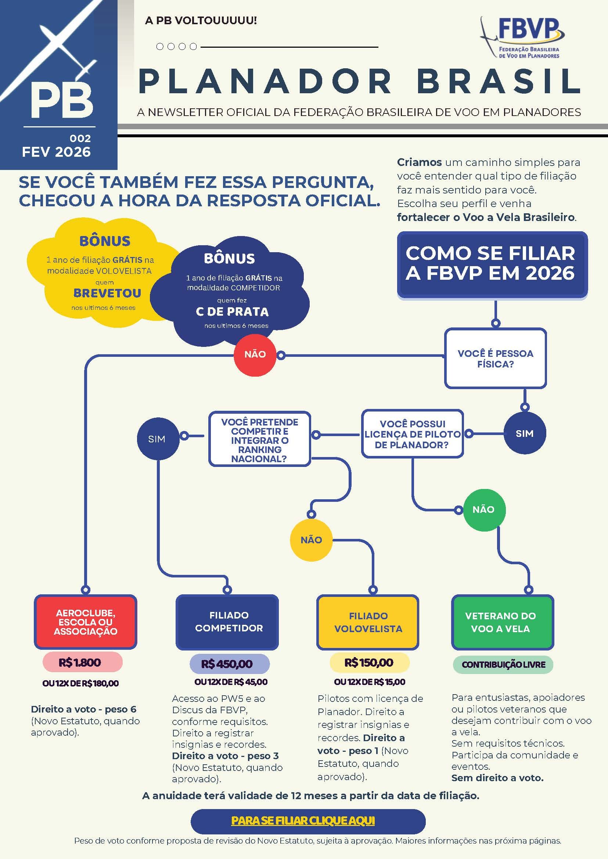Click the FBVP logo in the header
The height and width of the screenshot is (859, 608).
[522, 38]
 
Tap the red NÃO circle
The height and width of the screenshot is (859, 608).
[255, 354]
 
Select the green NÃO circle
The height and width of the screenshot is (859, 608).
[483, 509]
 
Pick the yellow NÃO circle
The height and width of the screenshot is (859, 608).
[311, 540]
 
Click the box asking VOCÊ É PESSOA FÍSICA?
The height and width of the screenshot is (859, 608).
[495, 358]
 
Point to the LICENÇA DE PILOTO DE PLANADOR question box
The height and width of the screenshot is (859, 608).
[412, 434]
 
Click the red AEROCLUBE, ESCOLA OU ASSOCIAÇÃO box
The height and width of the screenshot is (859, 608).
[86, 622]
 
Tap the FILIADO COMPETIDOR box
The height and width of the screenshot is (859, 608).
[227, 622]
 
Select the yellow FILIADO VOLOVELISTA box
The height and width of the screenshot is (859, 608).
[368, 622]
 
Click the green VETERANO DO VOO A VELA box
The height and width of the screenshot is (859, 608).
[503, 622]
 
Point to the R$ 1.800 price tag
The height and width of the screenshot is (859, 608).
[83, 663]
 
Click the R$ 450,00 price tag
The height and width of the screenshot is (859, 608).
[230, 664]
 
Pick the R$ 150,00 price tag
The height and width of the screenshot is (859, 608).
[369, 663]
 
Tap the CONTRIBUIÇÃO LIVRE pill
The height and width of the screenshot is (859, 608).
[503, 664]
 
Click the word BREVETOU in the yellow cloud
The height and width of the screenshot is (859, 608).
[107, 293]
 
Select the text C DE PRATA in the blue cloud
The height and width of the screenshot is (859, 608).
[232, 312]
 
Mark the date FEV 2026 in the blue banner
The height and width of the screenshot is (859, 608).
[56, 152]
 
